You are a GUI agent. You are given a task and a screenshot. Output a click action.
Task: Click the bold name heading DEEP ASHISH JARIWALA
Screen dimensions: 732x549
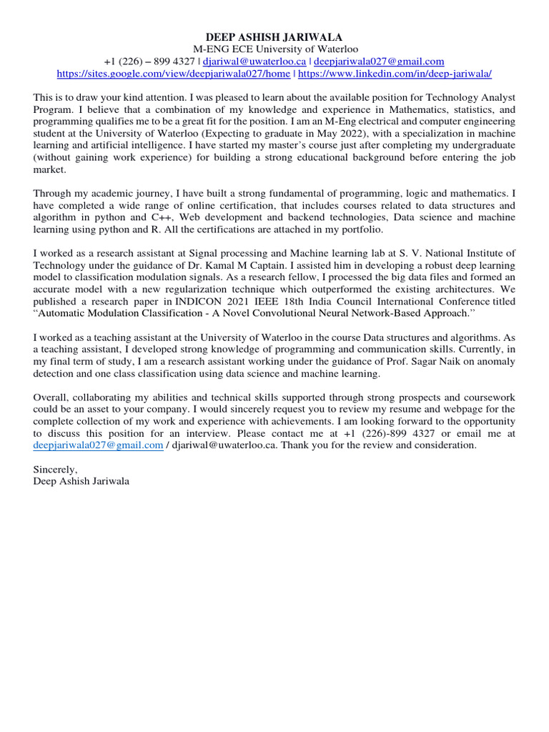274,37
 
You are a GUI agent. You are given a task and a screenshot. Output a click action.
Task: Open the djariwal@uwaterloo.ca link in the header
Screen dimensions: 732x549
254,61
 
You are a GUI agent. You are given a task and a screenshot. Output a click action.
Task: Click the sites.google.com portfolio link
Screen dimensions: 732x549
174,74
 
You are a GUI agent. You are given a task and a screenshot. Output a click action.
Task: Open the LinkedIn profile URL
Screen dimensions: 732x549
395,74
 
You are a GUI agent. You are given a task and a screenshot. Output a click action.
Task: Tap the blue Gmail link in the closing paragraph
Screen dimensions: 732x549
98,445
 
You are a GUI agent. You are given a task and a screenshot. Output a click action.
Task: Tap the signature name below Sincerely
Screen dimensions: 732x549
81,482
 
